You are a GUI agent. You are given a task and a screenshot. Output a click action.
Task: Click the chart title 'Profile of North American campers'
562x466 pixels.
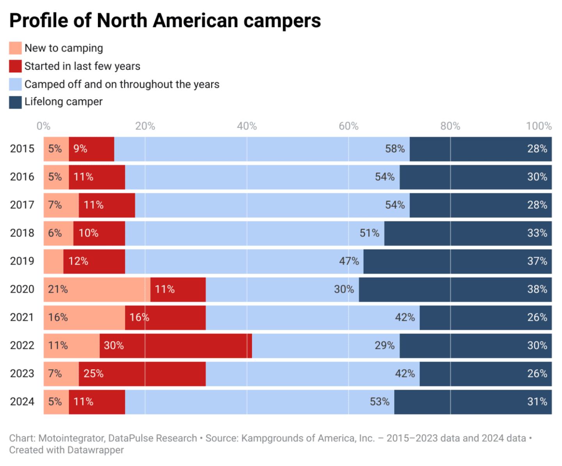[165, 21]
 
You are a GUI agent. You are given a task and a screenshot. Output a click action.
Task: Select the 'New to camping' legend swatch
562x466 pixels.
[15, 48]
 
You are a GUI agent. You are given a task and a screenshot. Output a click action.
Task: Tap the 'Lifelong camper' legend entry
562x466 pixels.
[63, 102]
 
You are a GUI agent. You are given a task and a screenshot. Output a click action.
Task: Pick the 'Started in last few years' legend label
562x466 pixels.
[82, 66]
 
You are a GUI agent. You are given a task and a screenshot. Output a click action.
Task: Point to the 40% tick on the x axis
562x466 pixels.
[247, 126]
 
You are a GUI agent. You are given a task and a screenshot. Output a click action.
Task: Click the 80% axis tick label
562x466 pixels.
[450, 126]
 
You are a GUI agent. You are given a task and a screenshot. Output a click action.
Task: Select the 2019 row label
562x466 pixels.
[22, 261]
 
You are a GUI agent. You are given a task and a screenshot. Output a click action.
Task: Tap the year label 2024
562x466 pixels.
[22, 402]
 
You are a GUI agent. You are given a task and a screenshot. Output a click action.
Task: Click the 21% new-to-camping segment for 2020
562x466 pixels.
[97, 289]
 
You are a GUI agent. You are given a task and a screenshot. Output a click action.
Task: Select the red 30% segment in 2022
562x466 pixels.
[176, 345]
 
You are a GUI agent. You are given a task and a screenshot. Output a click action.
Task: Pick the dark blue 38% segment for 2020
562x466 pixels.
[455, 289]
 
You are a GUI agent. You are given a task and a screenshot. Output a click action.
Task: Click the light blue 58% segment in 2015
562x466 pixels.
[261, 149]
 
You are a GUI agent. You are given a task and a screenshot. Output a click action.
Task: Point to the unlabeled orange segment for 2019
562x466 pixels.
[53, 261]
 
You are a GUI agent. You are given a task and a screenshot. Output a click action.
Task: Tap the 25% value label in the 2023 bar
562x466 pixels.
[94, 374]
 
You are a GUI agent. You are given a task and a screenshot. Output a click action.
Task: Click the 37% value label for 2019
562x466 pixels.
[537, 261]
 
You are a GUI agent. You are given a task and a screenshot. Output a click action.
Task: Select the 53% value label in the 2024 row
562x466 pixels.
[379, 402]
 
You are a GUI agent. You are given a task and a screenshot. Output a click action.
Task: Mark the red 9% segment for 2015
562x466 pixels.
[91, 149]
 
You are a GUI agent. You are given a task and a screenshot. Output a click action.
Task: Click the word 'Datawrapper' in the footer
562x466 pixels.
[95, 450]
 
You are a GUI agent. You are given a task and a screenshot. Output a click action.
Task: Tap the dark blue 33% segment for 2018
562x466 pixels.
[468, 233]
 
